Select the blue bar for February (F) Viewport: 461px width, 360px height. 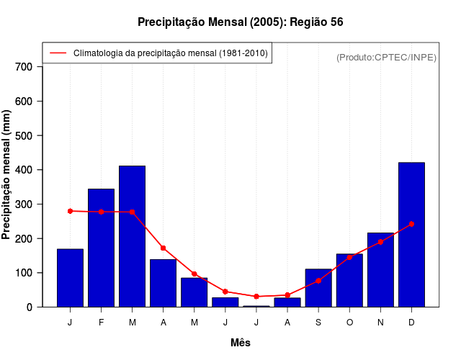coord(101,248)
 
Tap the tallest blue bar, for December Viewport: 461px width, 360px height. coord(411,235)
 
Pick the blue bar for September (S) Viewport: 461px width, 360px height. coord(318,289)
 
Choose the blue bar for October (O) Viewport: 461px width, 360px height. coord(349,281)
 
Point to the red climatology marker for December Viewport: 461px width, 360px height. coord(411,224)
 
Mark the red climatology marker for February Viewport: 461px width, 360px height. coord(101,212)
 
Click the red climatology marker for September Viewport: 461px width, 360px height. coord(318,280)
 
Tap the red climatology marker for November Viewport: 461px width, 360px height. coord(380,242)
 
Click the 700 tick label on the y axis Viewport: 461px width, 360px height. coord(24,67)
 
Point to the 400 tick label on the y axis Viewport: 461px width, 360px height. coord(24,170)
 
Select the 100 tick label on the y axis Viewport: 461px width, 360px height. coord(24,273)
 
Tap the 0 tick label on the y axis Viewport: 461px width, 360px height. coord(30,307)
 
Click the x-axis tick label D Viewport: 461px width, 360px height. coord(411,323)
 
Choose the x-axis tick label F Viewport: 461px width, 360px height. coord(101,323)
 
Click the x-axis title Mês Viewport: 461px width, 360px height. coord(241,343)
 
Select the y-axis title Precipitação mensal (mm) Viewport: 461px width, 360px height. coord(7,175)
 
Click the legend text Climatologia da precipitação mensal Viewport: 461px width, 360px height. coord(171,53)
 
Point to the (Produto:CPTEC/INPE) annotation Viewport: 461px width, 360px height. coord(386,57)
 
